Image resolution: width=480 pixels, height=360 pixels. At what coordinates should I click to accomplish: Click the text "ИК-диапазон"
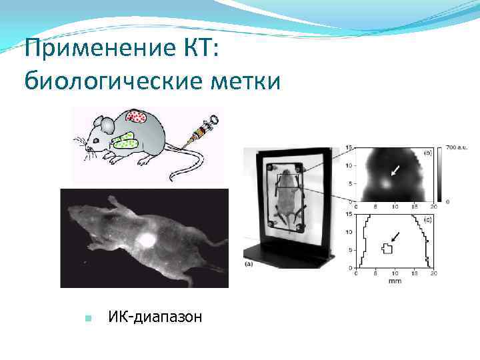pos(155,317)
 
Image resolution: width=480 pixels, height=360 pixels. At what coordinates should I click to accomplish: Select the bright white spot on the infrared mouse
pos(146,239)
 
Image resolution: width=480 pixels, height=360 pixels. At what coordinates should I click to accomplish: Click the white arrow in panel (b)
pos(397,171)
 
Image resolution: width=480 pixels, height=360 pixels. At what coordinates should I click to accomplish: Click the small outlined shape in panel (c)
pos(386,248)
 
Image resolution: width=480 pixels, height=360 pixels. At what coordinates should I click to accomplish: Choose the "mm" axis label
pos(394,280)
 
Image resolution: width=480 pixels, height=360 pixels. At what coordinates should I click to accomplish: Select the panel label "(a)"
pos(248,265)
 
